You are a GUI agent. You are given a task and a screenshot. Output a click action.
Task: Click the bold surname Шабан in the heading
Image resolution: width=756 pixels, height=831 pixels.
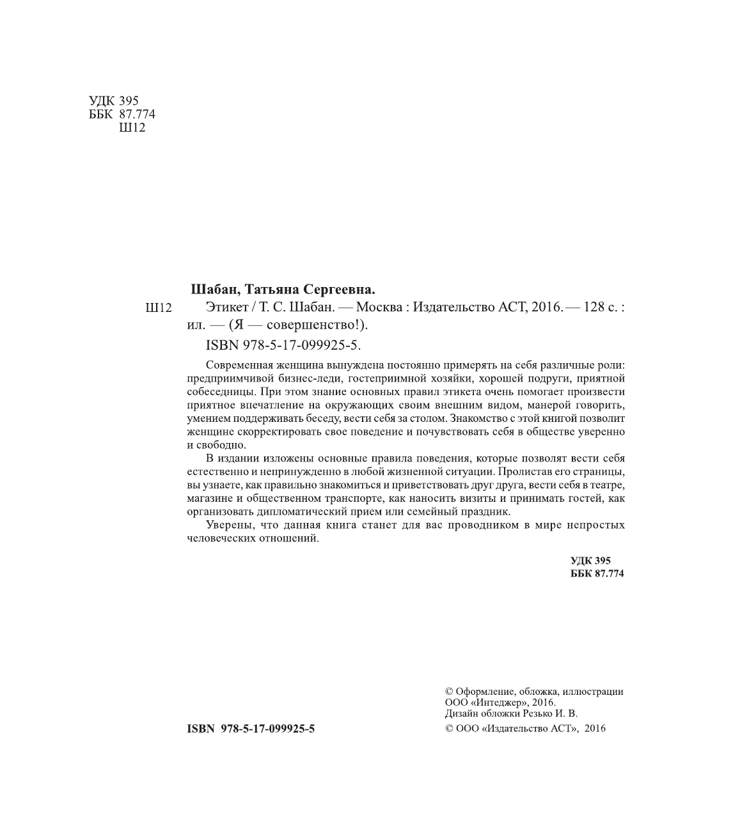click(214, 288)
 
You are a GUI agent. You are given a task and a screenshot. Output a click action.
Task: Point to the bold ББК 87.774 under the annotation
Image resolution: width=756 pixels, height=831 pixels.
click(597, 573)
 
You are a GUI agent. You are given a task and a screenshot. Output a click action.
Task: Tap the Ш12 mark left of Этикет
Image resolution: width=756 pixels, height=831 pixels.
click(159, 308)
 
